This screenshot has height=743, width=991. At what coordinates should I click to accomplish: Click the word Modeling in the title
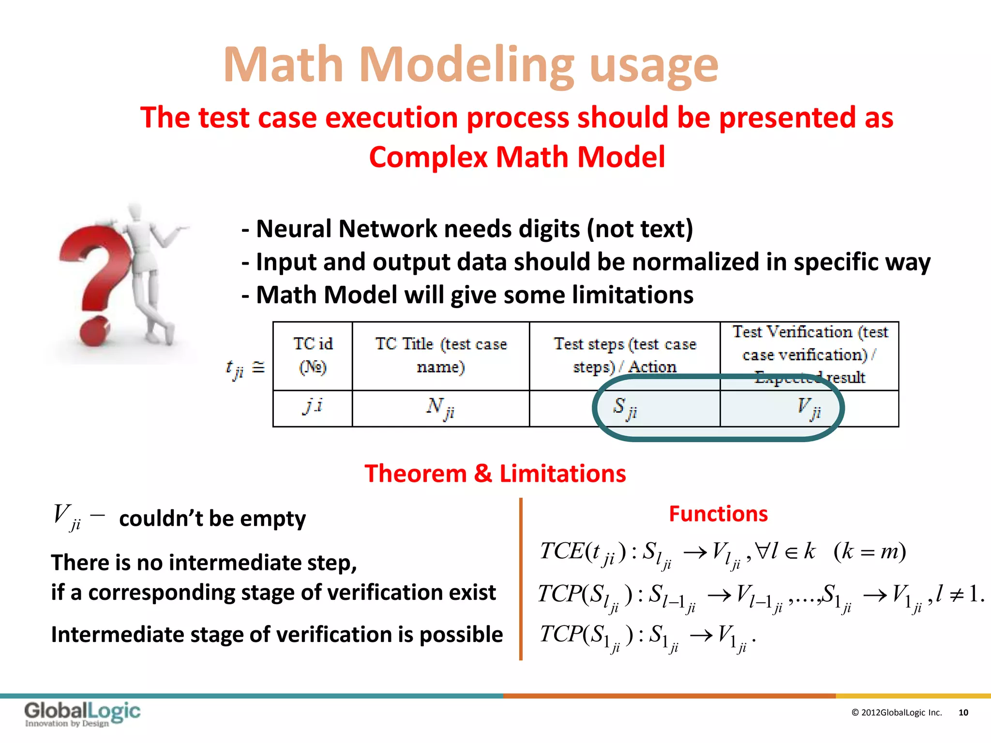(467, 65)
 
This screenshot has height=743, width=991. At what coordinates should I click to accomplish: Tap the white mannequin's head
(135, 212)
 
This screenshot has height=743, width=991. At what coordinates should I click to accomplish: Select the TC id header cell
(313, 356)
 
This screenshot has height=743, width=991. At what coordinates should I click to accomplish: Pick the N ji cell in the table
(440, 408)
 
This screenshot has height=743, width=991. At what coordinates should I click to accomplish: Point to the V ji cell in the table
(809, 408)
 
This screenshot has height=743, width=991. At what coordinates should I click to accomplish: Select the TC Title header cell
(440, 356)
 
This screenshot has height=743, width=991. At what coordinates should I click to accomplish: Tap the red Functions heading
(718, 514)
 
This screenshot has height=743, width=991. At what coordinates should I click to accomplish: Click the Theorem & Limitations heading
(495, 473)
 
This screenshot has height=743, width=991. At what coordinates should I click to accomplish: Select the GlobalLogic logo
(82, 713)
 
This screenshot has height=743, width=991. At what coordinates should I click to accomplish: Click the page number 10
(963, 713)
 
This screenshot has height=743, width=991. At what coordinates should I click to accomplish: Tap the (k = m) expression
(870, 551)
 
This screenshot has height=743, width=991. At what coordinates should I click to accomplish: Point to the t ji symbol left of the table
(236, 369)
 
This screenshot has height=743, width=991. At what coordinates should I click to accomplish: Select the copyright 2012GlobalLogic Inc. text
(896, 713)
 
